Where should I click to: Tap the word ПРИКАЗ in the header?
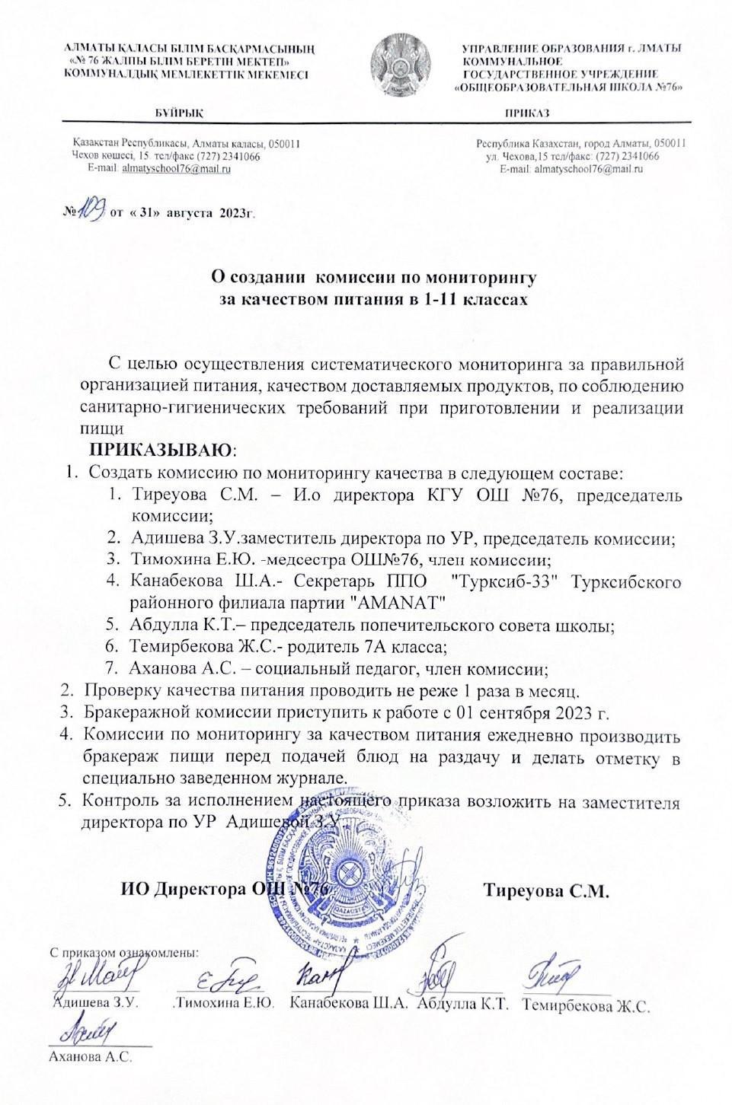point(527,113)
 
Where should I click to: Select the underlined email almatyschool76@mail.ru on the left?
point(177,168)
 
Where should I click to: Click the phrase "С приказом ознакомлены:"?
point(123,952)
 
